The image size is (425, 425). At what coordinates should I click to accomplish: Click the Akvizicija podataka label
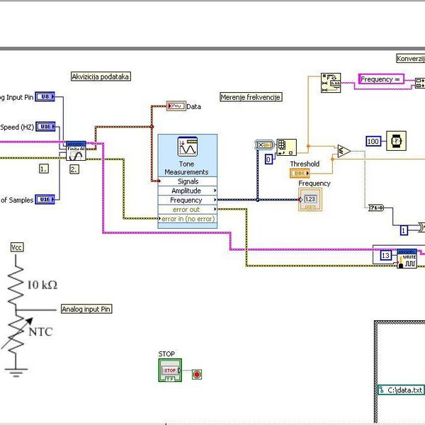[x=101, y=76]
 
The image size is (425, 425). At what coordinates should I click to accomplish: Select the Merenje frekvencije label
[x=251, y=97]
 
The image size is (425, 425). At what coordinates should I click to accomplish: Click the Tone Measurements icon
[x=187, y=147]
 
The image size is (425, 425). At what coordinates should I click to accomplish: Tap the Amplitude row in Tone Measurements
[x=187, y=191]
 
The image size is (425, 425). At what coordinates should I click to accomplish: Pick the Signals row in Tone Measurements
[x=187, y=181]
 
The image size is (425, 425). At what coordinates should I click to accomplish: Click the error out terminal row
[x=187, y=210]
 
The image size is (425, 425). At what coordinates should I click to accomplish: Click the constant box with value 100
[x=373, y=141]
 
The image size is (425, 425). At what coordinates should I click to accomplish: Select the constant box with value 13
[x=385, y=255]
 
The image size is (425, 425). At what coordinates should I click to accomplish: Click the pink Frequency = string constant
[x=381, y=79]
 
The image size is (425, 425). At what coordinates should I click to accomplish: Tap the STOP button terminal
[x=170, y=370]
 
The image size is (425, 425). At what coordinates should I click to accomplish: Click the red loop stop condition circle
[x=197, y=373]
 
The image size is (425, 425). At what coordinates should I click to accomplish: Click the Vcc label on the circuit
[x=16, y=247]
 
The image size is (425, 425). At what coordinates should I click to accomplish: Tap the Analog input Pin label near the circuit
[x=86, y=309]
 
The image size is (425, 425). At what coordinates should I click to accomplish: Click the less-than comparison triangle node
[x=344, y=151]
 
